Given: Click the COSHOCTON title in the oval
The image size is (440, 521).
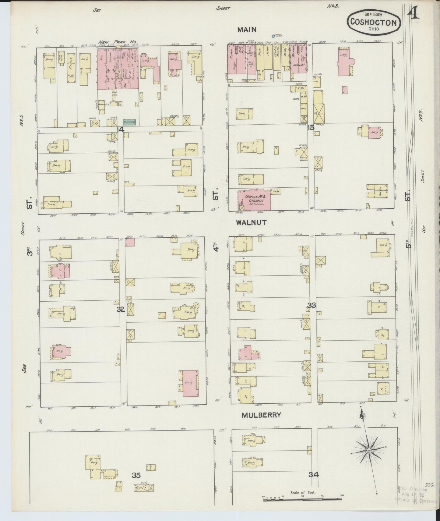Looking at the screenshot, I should point(373,22).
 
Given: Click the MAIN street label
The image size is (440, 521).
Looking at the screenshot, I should point(247,30).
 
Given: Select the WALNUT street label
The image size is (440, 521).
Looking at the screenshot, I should point(251,223).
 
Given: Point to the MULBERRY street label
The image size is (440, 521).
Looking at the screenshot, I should point(261,415).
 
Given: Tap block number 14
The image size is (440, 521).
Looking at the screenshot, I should point(120,129).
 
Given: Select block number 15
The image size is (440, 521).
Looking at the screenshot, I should point(311,128).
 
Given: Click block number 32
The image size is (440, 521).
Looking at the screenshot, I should point(121,309).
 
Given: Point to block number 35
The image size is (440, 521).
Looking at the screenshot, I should point(136,475).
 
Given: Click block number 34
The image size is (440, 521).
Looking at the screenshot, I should point(313,474).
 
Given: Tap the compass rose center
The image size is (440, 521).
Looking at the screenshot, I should point(369,450).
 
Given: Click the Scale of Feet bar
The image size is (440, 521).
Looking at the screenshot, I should point(303,499).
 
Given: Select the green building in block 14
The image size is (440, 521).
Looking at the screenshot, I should point(129,122).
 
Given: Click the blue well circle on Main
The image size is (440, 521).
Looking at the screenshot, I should point(273,36).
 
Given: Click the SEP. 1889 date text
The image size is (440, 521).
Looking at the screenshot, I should point(373,14).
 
